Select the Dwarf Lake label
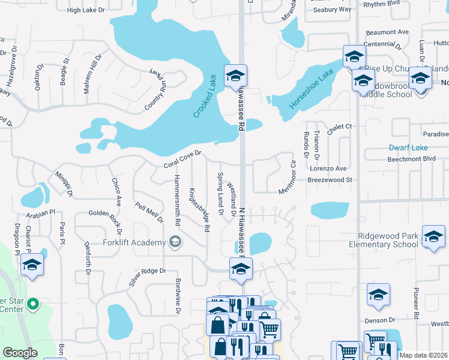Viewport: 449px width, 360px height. [x=408, y=147]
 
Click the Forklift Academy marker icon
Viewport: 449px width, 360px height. [x=175, y=242]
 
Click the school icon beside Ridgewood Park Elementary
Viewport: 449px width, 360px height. [x=433, y=236]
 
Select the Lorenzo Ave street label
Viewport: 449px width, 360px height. [x=328, y=169]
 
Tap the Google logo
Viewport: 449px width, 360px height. [x=20, y=353]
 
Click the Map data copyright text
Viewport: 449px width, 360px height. [x=423, y=355]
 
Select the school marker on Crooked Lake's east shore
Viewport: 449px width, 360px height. [x=236, y=76]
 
